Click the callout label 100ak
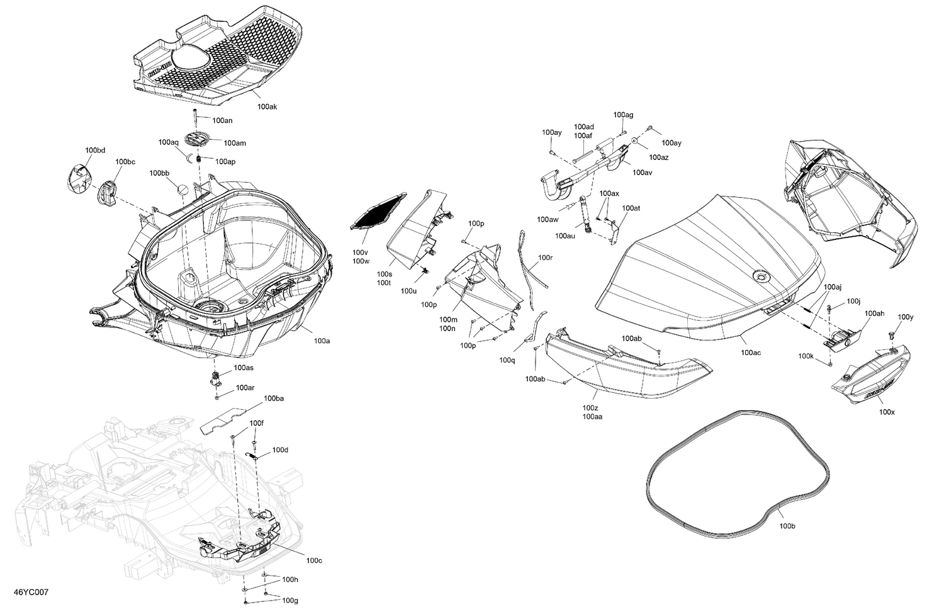pos(267,107)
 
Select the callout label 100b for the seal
pos(787,526)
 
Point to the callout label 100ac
pos(750,353)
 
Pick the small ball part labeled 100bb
pos(181,190)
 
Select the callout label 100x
pos(887,412)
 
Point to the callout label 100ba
pos(274,399)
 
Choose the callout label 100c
pos(314,560)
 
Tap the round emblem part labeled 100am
pos(197,142)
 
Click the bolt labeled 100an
pos(196,118)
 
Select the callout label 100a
pos(322,341)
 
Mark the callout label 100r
pos(545,258)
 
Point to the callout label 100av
pos(642,173)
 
